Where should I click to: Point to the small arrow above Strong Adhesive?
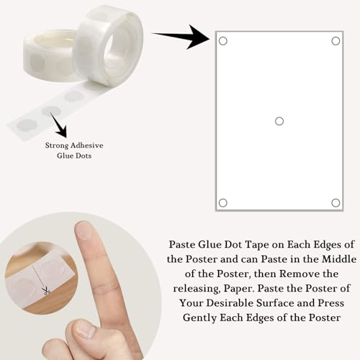pyautogui.click(x=58, y=125)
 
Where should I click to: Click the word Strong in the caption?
pyautogui.click(x=57, y=145)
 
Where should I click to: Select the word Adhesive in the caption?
pyautogui.click(x=87, y=145)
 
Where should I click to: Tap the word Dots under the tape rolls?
pyautogui.click(x=84, y=156)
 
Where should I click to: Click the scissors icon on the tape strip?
pyautogui.click(x=46, y=292)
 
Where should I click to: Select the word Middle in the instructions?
pyautogui.click(x=339, y=259)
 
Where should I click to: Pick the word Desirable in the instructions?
pyautogui.click(x=229, y=303)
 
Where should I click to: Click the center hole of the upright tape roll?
pyautogui.click(x=109, y=47)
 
